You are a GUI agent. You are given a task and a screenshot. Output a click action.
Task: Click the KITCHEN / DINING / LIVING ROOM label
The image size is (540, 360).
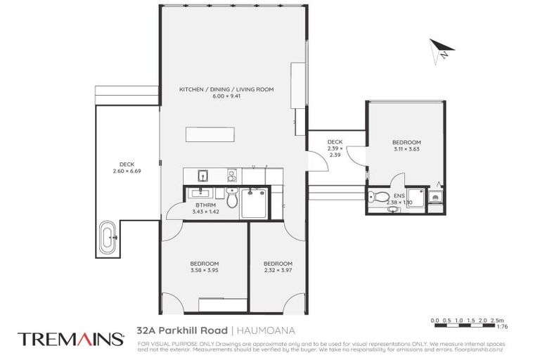click(226, 89)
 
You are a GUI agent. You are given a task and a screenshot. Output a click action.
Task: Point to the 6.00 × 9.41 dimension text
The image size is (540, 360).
click(226, 96)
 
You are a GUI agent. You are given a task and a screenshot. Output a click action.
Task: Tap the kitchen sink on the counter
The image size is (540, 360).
click(201, 176)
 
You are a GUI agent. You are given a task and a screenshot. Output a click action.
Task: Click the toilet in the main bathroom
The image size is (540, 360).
click(233, 200)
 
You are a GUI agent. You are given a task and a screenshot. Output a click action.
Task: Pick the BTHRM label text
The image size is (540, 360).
click(206, 205)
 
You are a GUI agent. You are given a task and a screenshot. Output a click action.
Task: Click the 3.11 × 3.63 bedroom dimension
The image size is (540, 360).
click(406, 149)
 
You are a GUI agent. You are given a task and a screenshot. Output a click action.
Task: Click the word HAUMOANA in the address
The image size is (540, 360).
click(262, 330)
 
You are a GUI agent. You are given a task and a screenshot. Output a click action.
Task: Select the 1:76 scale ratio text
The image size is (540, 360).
click(502, 326)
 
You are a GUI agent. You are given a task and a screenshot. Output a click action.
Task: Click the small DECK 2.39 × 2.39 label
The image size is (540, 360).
click(335, 148)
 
